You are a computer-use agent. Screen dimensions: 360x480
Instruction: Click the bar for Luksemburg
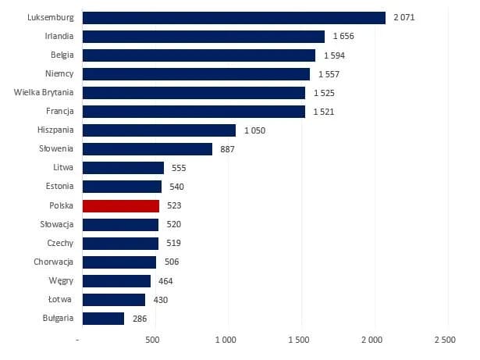click(x=233, y=18)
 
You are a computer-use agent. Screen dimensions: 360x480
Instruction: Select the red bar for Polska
click(x=121, y=205)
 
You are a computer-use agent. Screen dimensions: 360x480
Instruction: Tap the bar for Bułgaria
click(x=103, y=318)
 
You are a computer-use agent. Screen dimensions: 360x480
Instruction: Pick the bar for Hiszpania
click(x=158, y=130)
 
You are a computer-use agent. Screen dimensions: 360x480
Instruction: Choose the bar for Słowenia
click(x=147, y=149)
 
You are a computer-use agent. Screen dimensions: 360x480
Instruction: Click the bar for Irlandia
click(x=203, y=37)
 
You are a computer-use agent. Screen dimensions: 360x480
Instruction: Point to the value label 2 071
click(x=404, y=18)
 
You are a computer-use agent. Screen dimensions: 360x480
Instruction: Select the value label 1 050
click(x=254, y=130)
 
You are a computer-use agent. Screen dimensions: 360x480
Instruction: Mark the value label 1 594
click(x=334, y=55)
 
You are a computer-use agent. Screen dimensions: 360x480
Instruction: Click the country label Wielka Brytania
click(x=44, y=93)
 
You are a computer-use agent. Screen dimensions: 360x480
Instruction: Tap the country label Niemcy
click(x=59, y=74)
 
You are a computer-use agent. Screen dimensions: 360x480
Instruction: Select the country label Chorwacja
click(x=54, y=262)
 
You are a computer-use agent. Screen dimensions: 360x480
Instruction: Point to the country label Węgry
click(x=60, y=280)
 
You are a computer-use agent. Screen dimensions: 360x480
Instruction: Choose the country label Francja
click(x=58, y=112)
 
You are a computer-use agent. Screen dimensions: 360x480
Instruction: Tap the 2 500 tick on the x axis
click(x=445, y=340)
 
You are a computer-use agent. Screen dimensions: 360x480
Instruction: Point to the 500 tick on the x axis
click(x=154, y=340)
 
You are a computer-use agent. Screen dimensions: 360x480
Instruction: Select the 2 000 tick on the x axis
click(x=372, y=340)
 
